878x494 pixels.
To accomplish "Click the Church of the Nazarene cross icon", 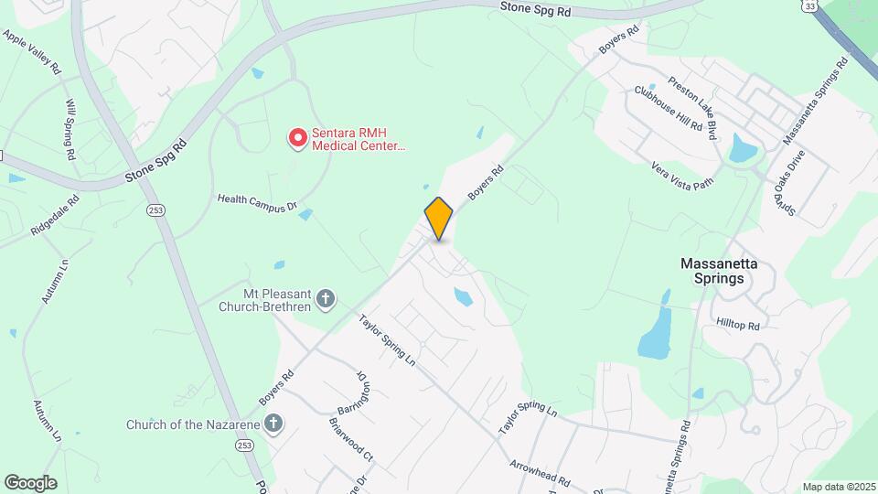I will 273,424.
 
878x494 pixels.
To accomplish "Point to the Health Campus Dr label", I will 257,202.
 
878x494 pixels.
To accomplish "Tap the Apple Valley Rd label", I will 32,51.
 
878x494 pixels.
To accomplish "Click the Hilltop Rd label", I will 738,325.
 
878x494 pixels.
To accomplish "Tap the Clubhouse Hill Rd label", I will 669,110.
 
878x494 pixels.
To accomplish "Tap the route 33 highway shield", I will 811,6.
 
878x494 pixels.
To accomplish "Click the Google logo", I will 30,483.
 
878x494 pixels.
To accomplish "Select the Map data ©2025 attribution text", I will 837,487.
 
